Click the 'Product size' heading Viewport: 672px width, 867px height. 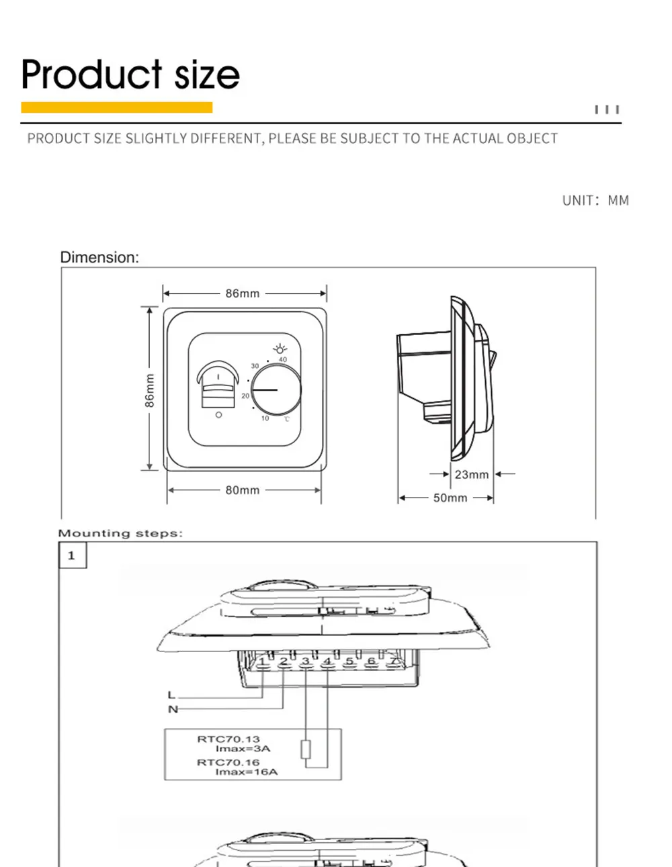pos(130,74)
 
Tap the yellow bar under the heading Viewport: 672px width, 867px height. pos(117,107)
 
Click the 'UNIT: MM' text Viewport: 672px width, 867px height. pos(595,200)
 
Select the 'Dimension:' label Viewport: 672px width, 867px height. pos(99,257)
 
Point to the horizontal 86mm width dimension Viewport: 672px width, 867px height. pos(243,293)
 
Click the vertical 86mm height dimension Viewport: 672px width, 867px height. pos(150,390)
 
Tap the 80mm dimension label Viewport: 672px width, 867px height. pos(243,490)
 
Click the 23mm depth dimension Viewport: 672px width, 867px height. pos(471,474)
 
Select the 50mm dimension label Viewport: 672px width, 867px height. pos(450,498)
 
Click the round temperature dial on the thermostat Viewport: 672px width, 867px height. pos(276,390)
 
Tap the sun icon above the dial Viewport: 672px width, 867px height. pos(280,349)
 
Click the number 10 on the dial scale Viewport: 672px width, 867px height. pos(265,418)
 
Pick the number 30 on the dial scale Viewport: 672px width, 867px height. pos(255,366)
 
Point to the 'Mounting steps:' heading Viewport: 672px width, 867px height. pos(120,533)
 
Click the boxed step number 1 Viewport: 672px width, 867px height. pos(72,555)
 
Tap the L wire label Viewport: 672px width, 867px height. pos(171,695)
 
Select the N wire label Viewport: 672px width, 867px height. pos(173,709)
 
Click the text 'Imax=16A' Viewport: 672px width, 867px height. pos(246,772)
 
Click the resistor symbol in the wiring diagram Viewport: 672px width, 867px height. pos(306,749)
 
